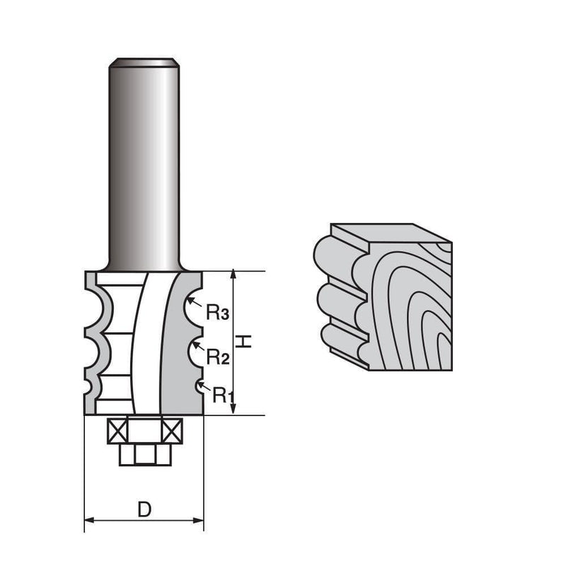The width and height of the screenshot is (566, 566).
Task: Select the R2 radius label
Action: (x=217, y=357)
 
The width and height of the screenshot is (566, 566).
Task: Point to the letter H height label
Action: (x=244, y=342)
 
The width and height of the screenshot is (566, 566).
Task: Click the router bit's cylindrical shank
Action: (x=144, y=163)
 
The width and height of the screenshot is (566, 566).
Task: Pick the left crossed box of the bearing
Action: (x=116, y=430)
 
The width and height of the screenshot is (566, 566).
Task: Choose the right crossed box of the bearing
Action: (x=172, y=430)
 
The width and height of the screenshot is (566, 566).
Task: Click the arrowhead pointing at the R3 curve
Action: (x=191, y=300)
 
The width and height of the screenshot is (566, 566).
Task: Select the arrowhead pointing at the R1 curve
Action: (x=199, y=384)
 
